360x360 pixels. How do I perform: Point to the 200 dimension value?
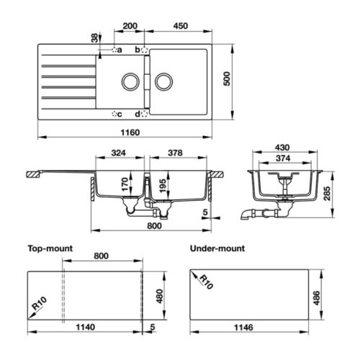pos(131,26)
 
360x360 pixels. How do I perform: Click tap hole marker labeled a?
pos(116,50)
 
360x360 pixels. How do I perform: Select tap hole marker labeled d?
pos(143,114)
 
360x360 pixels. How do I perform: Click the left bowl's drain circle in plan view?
pos(131,81)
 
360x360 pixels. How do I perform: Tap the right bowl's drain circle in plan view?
pos(163,81)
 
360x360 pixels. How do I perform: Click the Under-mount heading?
pos(216,248)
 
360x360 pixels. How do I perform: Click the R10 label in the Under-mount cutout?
pos(205,280)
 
